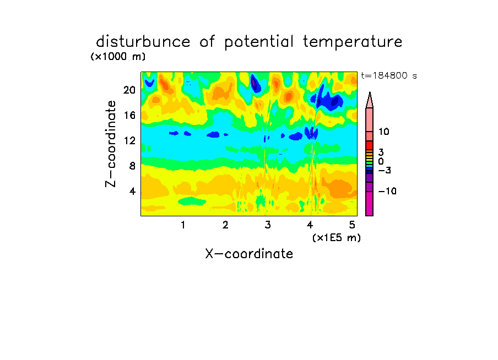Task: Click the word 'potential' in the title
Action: (258, 42)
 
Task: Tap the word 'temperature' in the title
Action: (353, 42)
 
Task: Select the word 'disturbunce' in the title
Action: (143, 41)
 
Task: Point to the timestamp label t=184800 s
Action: (389, 75)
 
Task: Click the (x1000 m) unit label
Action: (118, 57)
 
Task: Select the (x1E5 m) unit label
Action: (337, 238)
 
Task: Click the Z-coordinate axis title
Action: (111, 144)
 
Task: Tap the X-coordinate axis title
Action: (249, 254)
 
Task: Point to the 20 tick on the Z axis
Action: (129, 90)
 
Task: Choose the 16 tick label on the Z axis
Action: (129, 115)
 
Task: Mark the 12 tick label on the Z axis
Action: (129, 140)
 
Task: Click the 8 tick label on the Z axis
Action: (132, 166)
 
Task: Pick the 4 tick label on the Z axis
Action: (132, 191)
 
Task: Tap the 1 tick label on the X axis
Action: (183, 225)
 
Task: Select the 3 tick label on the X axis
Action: (268, 225)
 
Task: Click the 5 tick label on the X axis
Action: (352, 225)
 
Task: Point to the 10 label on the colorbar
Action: (383, 132)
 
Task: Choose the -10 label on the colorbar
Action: (387, 191)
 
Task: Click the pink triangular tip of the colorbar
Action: (370, 100)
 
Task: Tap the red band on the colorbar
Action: (370, 145)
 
